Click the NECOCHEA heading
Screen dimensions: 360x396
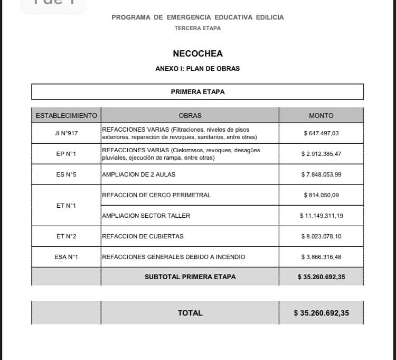[197, 53]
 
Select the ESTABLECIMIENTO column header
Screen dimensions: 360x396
[66, 115]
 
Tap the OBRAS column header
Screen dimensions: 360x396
[190, 115]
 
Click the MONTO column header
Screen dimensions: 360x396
[321, 115]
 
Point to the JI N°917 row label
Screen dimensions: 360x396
[66, 133]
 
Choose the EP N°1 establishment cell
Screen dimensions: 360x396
[66, 154]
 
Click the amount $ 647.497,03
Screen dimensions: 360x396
[321, 133]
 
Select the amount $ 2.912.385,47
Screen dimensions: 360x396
[321, 154]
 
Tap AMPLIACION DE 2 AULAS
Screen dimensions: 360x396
[138, 174]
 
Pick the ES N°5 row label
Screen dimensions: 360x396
[66, 174]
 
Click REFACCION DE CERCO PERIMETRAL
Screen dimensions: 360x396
[156, 195]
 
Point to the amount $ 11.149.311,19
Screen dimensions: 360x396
[321, 216]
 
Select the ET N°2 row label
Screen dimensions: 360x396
[66, 236]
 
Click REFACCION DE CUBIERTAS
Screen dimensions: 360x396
[143, 236]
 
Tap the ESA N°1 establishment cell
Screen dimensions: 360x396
[66, 257]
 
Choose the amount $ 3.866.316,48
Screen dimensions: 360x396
[321, 257]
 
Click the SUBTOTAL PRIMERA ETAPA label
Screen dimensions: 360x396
[190, 276]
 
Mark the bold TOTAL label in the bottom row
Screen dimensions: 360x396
[190, 313]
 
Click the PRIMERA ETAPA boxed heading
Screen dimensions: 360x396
[197, 91]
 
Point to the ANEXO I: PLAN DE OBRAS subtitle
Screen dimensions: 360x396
[197, 69]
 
